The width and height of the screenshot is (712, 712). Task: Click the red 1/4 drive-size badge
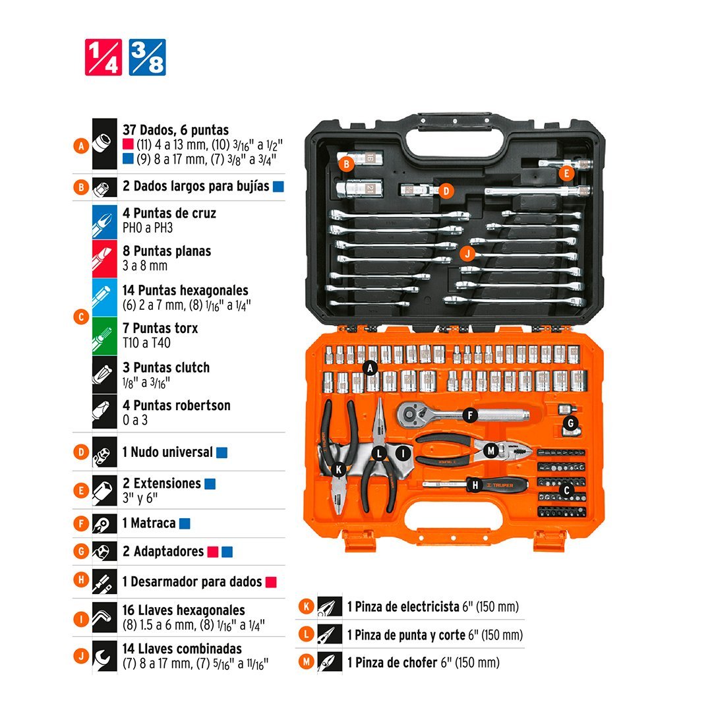click(104, 57)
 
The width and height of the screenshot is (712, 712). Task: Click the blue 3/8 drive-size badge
click(147, 57)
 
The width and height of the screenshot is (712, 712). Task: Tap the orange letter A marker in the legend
click(81, 146)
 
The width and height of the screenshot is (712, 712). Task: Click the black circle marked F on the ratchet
click(470, 415)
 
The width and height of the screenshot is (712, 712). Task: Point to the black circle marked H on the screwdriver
click(475, 485)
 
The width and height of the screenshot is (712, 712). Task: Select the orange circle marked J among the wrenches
click(467, 253)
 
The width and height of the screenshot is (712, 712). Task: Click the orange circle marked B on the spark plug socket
click(347, 164)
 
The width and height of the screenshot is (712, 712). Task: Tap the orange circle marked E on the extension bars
click(566, 173)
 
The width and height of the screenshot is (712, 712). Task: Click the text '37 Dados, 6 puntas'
click(176, 130)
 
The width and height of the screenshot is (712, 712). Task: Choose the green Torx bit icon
click(104, 336)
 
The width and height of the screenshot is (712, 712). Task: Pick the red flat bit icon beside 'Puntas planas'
click(104, 259)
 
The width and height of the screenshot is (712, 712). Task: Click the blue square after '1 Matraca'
click(185, 524)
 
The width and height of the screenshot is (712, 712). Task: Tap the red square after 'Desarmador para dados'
click(271, 582)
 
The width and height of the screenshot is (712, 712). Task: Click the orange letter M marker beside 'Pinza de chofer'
click(306, 662)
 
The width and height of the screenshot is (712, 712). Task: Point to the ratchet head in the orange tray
click(413, 414)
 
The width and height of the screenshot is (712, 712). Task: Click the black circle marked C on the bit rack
click(566, 491)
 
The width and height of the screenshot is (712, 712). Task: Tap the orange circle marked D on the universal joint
click(446, 191)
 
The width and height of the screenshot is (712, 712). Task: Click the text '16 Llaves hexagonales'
click(183, 610)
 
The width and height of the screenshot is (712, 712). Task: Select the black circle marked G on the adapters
click(571, 424)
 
